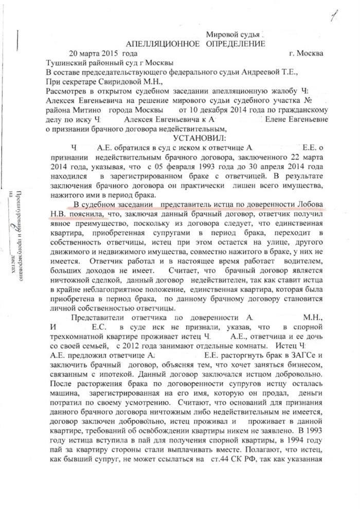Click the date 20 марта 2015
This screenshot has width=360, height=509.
[x=97, y=53]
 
